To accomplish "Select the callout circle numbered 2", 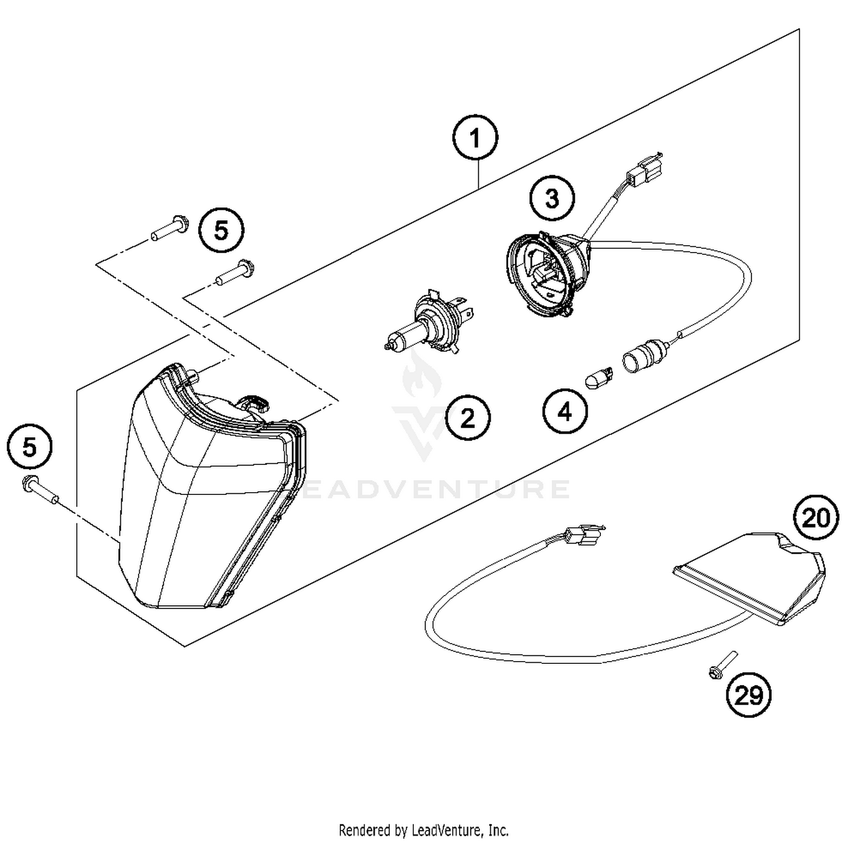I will [x=468, y=418].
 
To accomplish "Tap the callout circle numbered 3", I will [x=552, y=198].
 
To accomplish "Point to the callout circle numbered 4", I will [x=565, y=412].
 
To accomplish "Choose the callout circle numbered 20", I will [x=816, y=517].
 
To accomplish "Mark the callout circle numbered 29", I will [x=749, y=695].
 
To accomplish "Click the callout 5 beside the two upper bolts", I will [x=221, y=231].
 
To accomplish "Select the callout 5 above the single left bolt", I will [x=29, y=447].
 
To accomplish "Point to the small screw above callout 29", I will [x=721, y=664].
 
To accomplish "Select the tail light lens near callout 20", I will [x=752, y=576].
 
